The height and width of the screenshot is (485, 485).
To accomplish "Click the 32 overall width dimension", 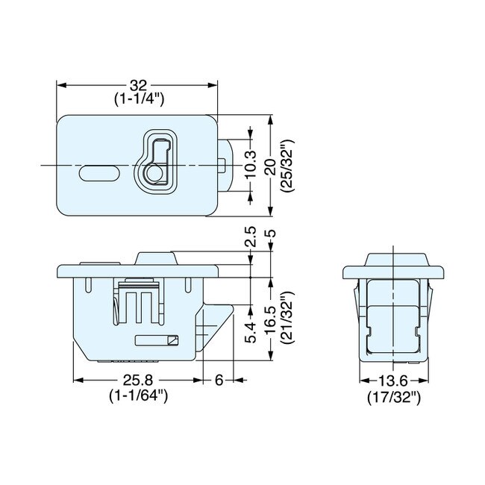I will tap(138, 86).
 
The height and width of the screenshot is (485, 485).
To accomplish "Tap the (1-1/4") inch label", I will tap(139, 99).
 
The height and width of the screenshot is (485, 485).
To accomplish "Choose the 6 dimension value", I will tap(219, 381).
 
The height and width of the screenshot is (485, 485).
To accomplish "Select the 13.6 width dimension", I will tap(393, 381).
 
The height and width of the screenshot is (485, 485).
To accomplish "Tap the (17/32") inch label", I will tap(393, 395).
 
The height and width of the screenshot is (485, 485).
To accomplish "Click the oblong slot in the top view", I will tap(97, 172).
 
